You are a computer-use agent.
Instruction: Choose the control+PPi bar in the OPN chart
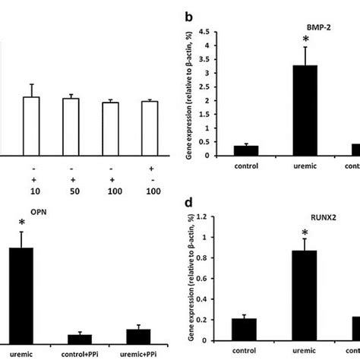click(x=80, y=337)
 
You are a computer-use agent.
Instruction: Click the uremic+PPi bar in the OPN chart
click(x=138, y=335)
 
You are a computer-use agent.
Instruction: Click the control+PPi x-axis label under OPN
click(x=80, y=352)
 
